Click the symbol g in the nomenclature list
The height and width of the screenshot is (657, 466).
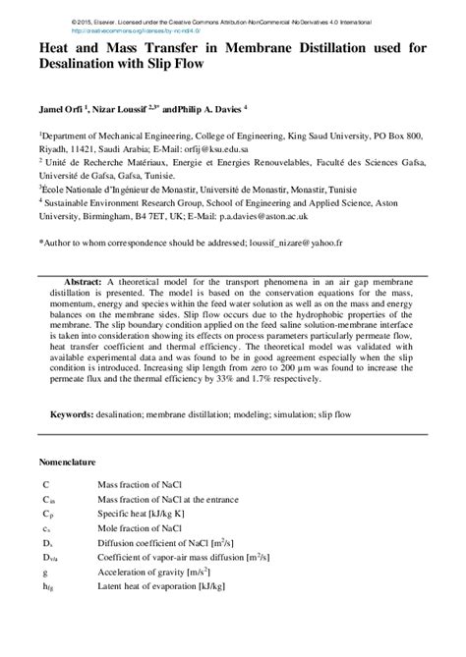pyautogui.click(x=44, y=572)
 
